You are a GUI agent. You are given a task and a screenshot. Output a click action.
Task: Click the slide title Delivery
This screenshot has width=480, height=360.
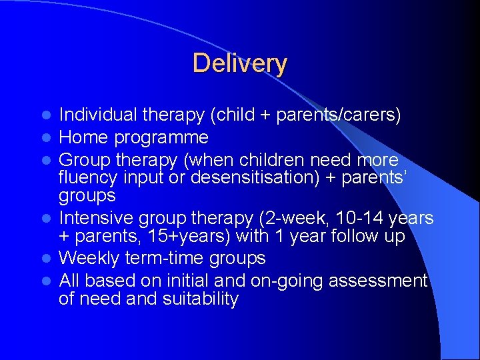coord(239,64)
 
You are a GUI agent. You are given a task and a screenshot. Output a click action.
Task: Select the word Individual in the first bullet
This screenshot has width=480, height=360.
coord(98,115)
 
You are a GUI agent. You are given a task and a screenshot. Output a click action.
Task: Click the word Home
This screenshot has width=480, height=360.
coord(81,138)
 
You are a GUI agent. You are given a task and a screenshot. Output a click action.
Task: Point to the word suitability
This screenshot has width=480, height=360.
coord(200,299)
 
